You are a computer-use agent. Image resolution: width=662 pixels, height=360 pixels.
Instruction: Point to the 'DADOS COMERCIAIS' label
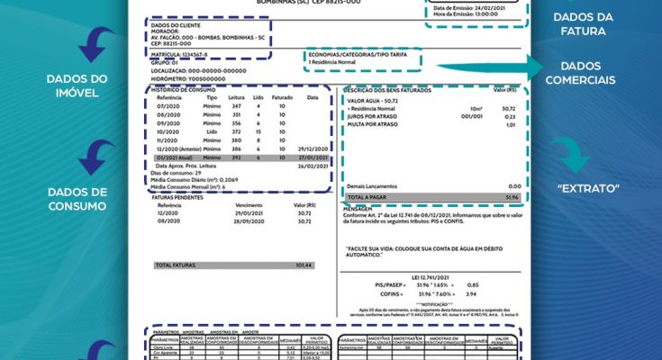pos(586,73)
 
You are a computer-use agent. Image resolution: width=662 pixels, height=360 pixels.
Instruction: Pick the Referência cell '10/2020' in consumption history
pos(169,131)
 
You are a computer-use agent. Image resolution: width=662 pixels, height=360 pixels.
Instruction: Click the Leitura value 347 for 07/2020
pos(237,107)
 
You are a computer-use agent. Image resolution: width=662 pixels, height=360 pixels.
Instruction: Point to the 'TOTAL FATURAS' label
pos(176,265)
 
